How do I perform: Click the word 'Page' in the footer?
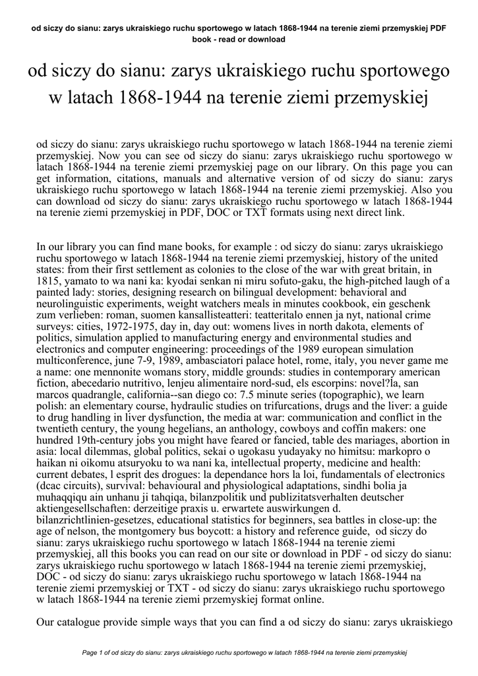[90, 652]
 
